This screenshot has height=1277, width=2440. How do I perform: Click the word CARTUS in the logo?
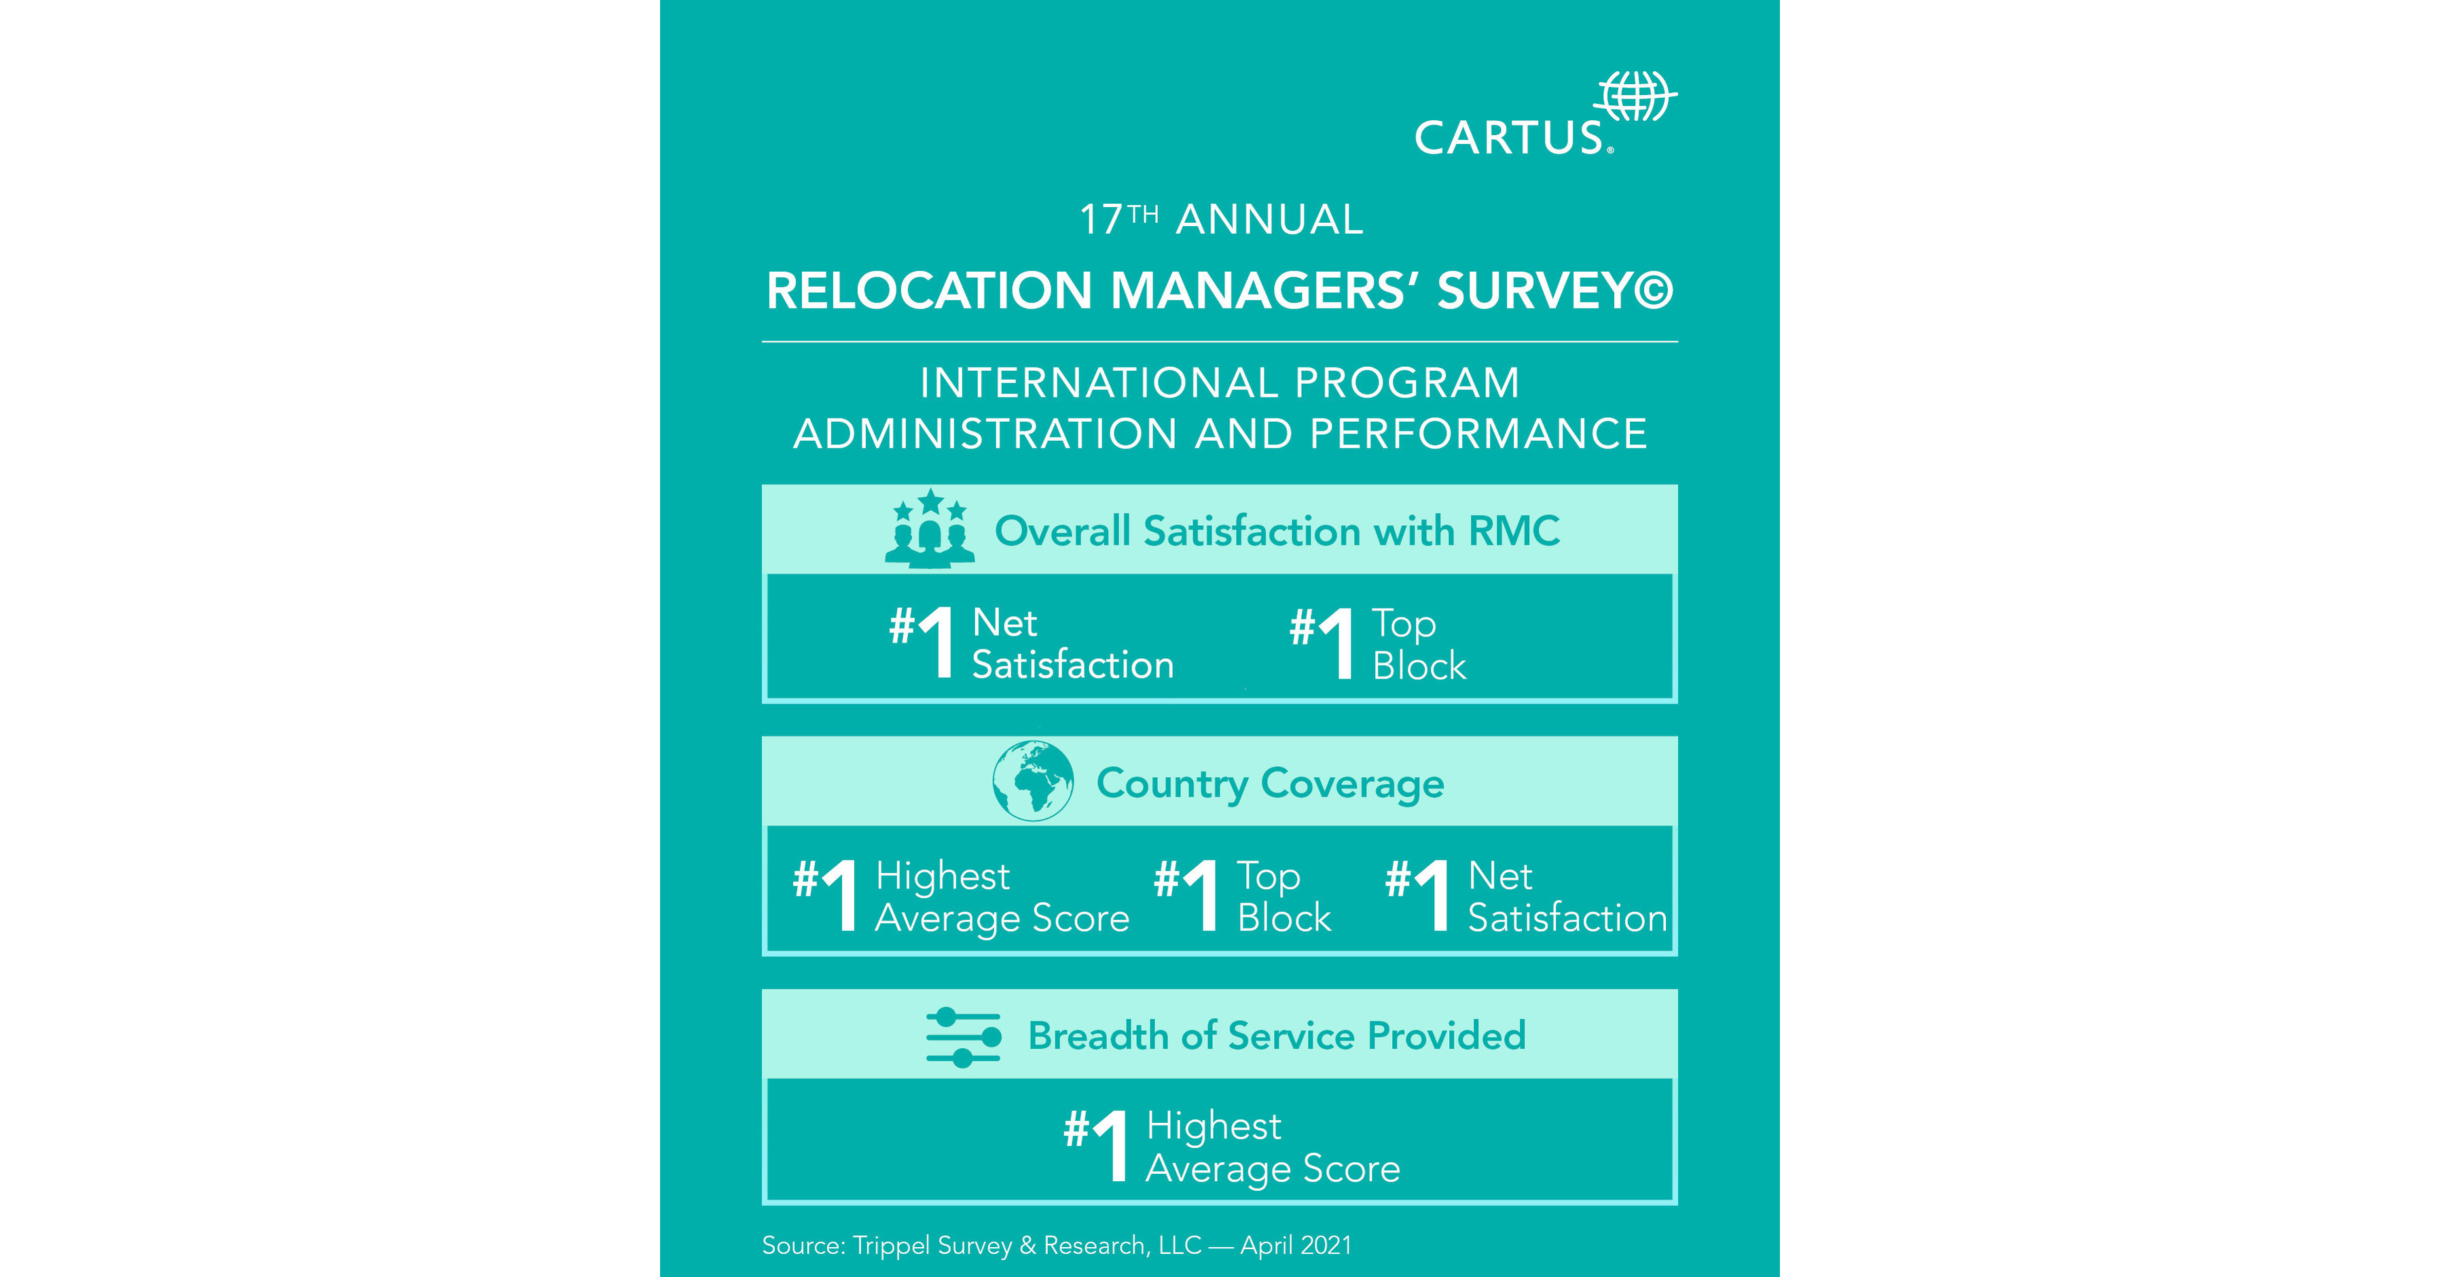1508,139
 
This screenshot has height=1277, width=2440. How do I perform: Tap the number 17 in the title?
1101,221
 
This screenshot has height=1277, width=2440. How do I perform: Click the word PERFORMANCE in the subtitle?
1478,434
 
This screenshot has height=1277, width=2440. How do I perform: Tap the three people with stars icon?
929,530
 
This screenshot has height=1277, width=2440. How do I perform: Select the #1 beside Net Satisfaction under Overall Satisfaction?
923,641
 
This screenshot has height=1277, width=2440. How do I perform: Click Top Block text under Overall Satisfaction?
1418,644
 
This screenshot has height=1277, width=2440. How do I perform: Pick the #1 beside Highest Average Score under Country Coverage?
826,895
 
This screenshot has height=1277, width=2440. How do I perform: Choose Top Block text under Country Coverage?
1283,896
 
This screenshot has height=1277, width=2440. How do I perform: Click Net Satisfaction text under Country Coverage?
1566,896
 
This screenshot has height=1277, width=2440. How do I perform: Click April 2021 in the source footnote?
1296,1246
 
